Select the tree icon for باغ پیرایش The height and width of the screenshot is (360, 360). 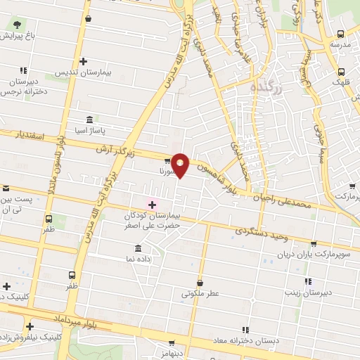14,25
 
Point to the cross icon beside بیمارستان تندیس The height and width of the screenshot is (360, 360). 83,62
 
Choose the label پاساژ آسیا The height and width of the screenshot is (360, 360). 89,131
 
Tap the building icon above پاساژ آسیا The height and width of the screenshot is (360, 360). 89,120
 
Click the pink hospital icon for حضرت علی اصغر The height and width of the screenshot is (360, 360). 151,204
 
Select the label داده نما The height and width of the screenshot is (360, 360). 137,259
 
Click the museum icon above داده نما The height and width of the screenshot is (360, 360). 137,249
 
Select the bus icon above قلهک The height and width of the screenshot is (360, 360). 341,71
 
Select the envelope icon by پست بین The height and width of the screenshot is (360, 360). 6,188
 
